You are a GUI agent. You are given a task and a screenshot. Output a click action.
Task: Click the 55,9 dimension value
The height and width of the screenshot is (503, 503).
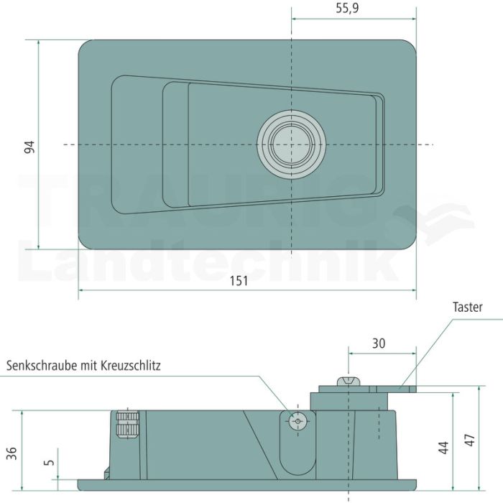347,9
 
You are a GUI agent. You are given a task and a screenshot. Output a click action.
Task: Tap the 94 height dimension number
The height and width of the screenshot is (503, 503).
29,147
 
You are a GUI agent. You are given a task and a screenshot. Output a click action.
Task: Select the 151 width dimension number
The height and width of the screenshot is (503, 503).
239,281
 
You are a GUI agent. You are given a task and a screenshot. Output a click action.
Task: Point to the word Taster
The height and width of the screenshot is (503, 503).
467,308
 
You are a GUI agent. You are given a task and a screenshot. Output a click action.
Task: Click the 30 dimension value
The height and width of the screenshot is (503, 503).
379,343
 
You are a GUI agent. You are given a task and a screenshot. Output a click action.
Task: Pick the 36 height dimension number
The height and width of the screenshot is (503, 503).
12,453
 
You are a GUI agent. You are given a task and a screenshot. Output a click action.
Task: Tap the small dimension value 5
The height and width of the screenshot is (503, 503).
49,462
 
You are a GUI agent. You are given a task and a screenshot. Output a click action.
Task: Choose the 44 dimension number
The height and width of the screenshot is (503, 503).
443,448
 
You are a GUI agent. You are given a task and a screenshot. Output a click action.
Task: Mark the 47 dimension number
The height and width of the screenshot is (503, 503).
470,440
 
